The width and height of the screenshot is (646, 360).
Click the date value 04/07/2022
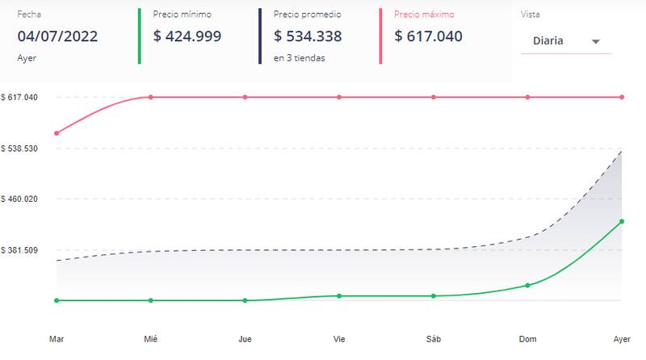[57, 36]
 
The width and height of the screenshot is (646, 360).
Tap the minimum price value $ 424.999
[187, 36]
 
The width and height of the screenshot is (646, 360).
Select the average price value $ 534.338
[308, 36]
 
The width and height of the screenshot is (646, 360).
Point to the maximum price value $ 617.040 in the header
[428, 36]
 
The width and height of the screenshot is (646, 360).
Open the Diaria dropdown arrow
[595, 42]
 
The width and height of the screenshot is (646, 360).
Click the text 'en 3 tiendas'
[299, 58]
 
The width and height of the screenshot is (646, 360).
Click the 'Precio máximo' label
[424, 15]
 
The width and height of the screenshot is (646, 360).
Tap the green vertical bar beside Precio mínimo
[139, 36]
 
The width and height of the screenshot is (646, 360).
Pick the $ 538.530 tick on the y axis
[19, 149]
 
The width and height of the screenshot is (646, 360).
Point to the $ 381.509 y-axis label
[19, 250]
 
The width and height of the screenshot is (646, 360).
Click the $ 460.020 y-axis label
[19, 199]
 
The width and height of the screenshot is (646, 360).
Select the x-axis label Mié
[150, 339]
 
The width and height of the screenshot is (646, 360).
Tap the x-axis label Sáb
[434, 339]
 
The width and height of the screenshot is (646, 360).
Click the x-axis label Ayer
[622, 339]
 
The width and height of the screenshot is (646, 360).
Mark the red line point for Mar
[57, 133]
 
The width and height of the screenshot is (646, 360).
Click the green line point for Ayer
[622, 222]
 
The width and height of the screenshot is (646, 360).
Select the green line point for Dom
[527, 286]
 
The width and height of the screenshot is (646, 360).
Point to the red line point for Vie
[339, 97]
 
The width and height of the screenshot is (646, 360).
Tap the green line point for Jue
[245, 301]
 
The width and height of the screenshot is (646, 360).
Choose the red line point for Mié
[150, 97]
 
